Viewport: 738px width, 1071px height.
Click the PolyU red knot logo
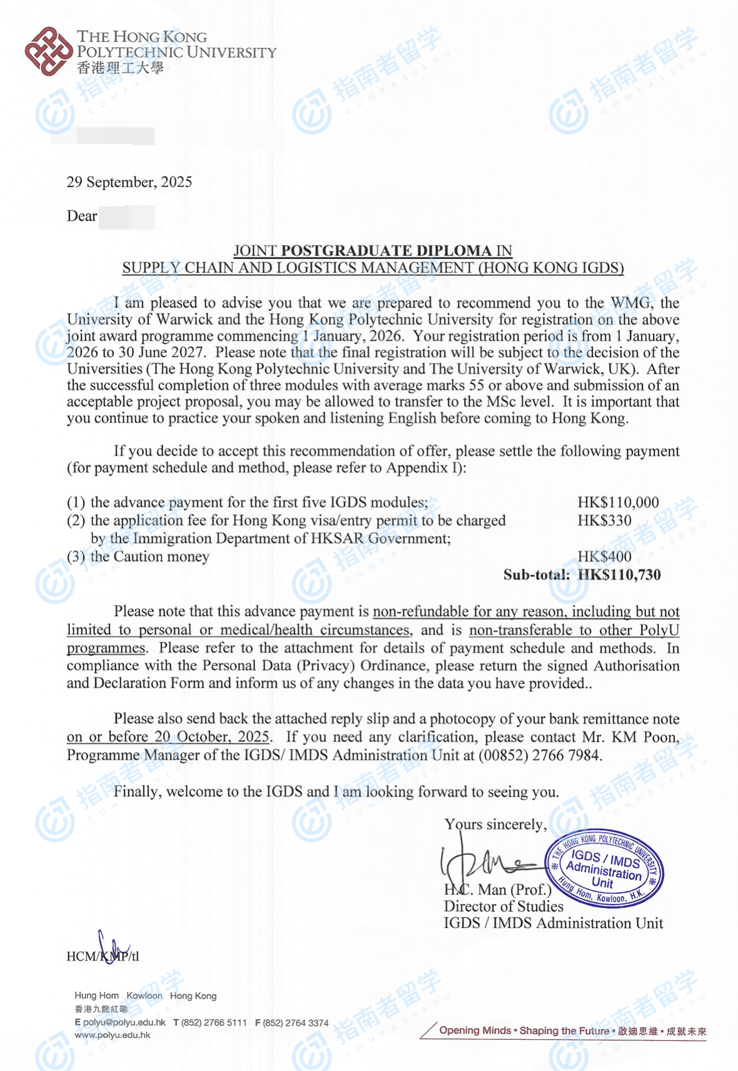point(48,51)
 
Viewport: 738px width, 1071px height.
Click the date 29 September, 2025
point(129,182)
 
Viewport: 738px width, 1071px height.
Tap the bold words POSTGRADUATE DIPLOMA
point(387,251)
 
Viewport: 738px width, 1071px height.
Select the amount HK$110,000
point(618,502)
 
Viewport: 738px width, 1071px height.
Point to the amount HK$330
point(604,520)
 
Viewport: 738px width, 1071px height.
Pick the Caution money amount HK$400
point(604,557)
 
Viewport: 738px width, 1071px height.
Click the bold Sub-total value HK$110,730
point(619,575)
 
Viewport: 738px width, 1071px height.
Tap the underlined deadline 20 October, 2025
point(212,737)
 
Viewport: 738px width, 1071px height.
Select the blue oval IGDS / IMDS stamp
point(604,870)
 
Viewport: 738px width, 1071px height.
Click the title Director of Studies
point(503,906)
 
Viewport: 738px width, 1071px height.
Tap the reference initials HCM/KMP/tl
point(103,956)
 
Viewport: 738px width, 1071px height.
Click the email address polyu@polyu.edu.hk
point(124,1022)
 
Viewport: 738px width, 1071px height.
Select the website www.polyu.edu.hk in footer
point(113,1035)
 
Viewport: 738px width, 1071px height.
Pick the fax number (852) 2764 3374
point(295,1023)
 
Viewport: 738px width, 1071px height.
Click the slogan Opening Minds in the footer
point(475,1030)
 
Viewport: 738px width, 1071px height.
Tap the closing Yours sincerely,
point(495,825)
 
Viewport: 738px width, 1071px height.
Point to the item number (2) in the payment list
point(76,520)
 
